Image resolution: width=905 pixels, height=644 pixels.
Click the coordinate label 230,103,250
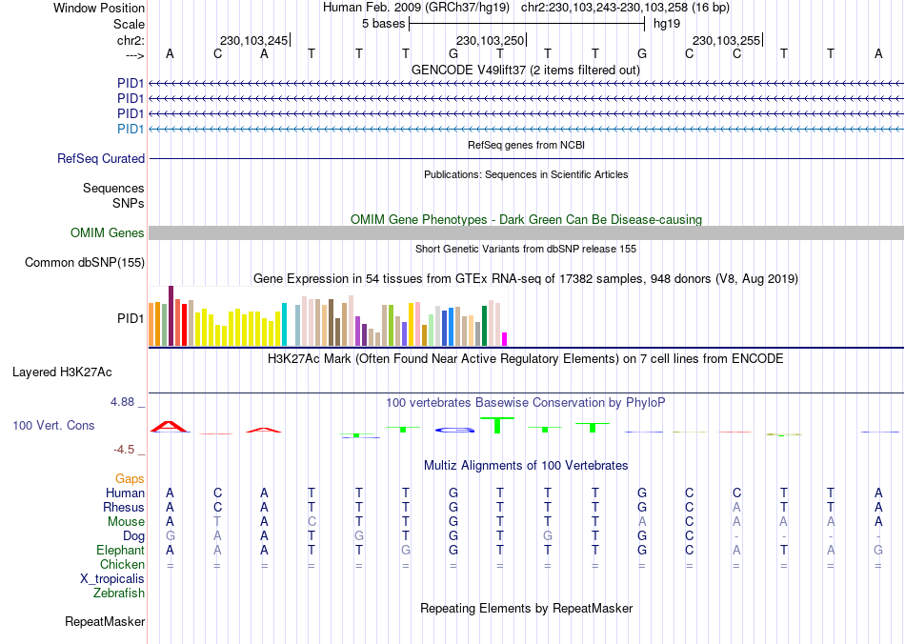pos(490,40)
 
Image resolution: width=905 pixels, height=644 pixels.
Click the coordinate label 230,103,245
pos(252,40)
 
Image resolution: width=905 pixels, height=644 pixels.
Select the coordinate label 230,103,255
pos(726,40)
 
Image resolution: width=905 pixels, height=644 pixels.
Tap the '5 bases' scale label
pos(383,24)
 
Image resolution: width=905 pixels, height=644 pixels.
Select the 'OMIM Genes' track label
pos(108,233)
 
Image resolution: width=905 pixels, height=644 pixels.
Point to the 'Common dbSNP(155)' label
pos(85,263)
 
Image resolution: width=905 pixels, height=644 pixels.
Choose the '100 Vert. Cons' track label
pos(53,425)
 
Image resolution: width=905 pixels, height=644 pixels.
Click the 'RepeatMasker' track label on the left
pos(105,622)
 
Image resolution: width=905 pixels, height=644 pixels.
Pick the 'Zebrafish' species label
pos(119,594)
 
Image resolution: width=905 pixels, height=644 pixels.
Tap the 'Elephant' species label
pos(120,551)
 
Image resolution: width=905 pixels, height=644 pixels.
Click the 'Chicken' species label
pos(122,565)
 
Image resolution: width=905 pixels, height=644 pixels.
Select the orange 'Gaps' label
pos(130,478)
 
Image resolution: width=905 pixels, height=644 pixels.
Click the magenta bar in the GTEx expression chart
pos(505,339)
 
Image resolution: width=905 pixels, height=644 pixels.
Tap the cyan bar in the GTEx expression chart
pos(284,325)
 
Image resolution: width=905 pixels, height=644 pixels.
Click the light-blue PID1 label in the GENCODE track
pos(131,130)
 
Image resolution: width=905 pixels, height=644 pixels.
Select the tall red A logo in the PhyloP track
pos(170,426)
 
